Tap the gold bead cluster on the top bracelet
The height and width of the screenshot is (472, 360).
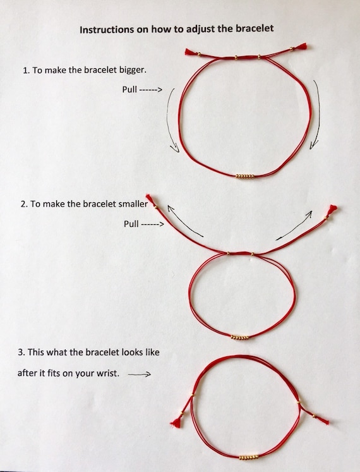point(245,176)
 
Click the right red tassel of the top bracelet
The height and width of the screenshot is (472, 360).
point(302,47)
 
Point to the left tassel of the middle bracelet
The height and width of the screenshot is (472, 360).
point(150,199)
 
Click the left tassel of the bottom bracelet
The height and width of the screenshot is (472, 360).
point(176,421)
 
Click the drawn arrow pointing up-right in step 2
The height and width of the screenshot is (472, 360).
point(294,226)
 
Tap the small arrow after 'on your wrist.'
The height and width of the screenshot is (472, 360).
point(139,374)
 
